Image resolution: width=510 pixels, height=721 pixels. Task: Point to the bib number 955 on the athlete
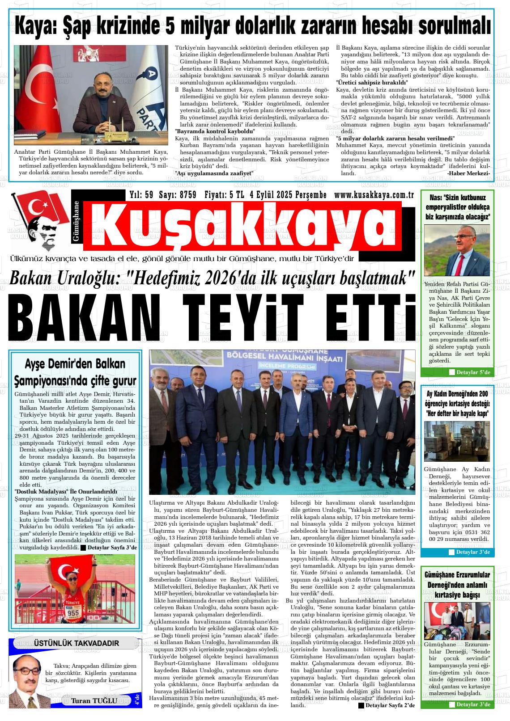pyautogui.click(x=73, y=612)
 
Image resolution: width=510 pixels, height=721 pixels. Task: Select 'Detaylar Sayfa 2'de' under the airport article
pyautogui.click(x=387, y=705)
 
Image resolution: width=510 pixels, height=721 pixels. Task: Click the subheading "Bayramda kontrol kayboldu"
pyautogui.click(x=215, y=131)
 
